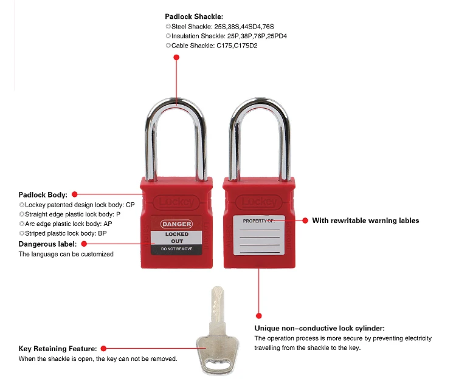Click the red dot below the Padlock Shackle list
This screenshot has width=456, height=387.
click(176, 58)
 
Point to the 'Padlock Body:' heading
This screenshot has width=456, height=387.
click(43, 195)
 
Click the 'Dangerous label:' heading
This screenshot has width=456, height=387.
click(47, 244)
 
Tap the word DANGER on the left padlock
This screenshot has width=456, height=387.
click(176, 224)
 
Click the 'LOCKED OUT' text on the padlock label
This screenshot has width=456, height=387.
click(176, 238)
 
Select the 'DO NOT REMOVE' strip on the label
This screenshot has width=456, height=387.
click(176, 249)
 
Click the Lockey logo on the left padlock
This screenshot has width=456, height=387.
click(176, 202)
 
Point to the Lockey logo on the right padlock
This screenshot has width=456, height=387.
click(258, 202)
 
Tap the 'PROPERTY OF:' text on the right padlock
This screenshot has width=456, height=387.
click(259, 221)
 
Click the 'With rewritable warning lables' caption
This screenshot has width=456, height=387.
click(365, 221)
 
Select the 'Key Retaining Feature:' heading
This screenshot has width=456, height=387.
click(58, 349)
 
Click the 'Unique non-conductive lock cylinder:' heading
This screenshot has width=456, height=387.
click(319, 328)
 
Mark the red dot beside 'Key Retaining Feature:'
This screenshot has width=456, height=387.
click(103, 349)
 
